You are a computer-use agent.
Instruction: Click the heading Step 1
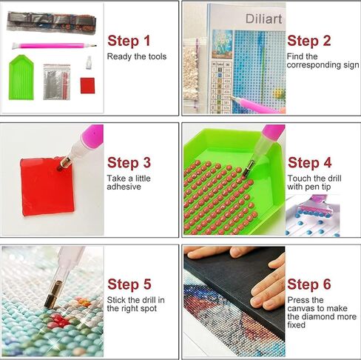pos(129,41)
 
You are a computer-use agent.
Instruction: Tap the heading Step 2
pos(308,41)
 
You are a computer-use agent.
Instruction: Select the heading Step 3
pos(129,162)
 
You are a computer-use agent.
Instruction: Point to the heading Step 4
pos(309,162)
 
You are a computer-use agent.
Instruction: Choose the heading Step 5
pos(129,284)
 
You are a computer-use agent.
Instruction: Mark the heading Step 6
pos(309,284)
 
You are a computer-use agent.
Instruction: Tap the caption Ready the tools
pos(137,56)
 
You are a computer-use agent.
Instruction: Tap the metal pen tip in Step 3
pos(66,161)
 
